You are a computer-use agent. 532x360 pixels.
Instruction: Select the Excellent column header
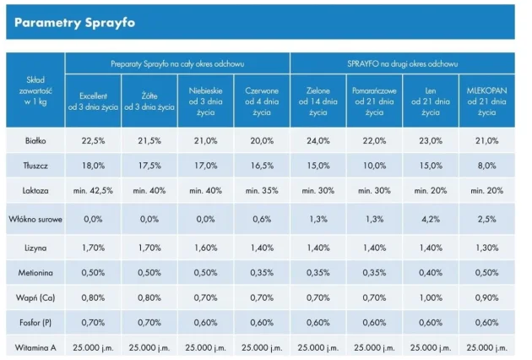[93, 102]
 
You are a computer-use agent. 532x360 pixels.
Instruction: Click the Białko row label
[35, 140]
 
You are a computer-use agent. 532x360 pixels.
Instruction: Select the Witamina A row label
[35, 347]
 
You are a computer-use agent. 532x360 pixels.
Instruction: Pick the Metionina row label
[35, 272]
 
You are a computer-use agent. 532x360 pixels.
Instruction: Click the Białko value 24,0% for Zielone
[318, 140]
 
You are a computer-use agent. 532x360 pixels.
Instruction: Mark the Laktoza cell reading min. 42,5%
[93, 191]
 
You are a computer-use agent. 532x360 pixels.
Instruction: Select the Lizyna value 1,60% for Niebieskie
[205, 247]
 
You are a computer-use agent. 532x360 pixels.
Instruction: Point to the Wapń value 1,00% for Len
[430, 297]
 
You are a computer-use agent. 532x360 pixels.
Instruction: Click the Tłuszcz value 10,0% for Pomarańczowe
[374, 166]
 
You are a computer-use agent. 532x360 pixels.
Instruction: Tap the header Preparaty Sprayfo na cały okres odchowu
[177, 63]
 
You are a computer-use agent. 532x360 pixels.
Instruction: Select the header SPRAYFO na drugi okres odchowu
[402, 63]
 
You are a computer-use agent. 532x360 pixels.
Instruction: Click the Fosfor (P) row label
[35, 322]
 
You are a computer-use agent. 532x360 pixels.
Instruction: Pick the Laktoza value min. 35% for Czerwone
[262, 191]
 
